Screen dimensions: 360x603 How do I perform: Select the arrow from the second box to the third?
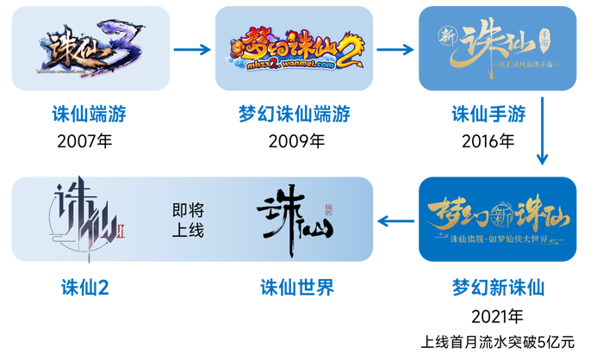395,49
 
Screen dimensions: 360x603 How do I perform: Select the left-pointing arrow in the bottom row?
395,221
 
